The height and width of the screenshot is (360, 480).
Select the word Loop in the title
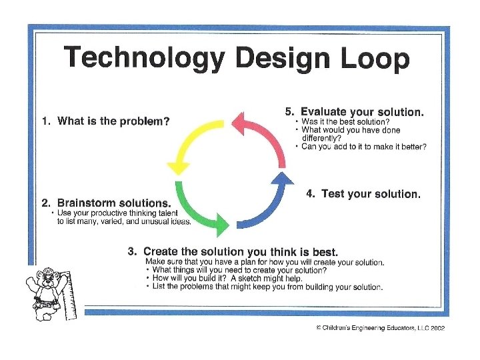[373, 60]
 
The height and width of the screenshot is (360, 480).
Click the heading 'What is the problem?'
[105, 121]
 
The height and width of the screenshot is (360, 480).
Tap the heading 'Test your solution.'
[363, 194]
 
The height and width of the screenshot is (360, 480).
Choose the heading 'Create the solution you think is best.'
[233, 251]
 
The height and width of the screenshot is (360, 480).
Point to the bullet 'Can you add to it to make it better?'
[363, 147]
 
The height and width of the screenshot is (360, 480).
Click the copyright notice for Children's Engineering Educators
[380, 328]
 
